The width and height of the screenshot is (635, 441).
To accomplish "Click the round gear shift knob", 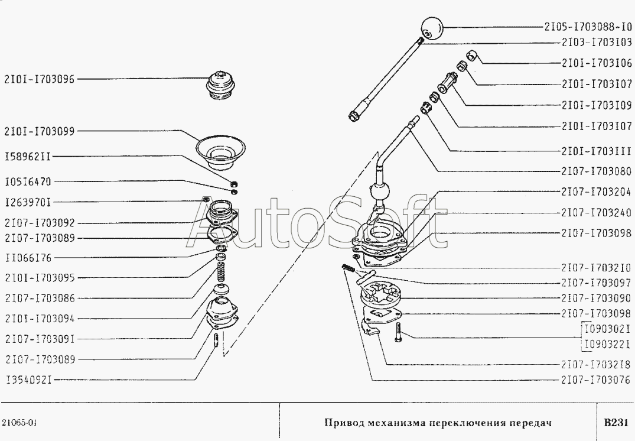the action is (x=432, y=28).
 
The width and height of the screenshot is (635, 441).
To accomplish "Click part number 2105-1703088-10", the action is (x=588, y=27).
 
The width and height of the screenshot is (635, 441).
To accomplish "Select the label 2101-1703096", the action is (x=40, y=79).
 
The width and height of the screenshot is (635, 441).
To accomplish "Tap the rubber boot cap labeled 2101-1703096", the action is (x=221, y=86).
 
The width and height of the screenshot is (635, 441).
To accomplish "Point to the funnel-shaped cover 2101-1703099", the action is (x=221, y=153).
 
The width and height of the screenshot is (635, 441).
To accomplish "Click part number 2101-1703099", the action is (x=40, y=131).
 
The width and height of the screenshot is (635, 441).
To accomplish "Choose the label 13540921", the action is (x=29, y=380).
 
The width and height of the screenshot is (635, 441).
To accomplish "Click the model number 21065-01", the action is (x=19, y=423).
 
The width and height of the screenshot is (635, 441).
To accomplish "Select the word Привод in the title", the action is (x=344, y=423).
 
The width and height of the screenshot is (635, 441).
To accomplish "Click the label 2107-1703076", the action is (x=596, y=380).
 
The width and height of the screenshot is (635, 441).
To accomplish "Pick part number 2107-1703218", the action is (x=596, y=364).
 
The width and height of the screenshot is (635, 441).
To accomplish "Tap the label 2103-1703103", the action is (x=597, y=42).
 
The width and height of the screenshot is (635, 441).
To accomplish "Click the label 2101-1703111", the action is (x=597, y=151).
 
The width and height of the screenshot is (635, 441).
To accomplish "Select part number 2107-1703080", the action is (x=597, y=171).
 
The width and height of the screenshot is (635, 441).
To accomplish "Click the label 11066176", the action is (x=29, y=258).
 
